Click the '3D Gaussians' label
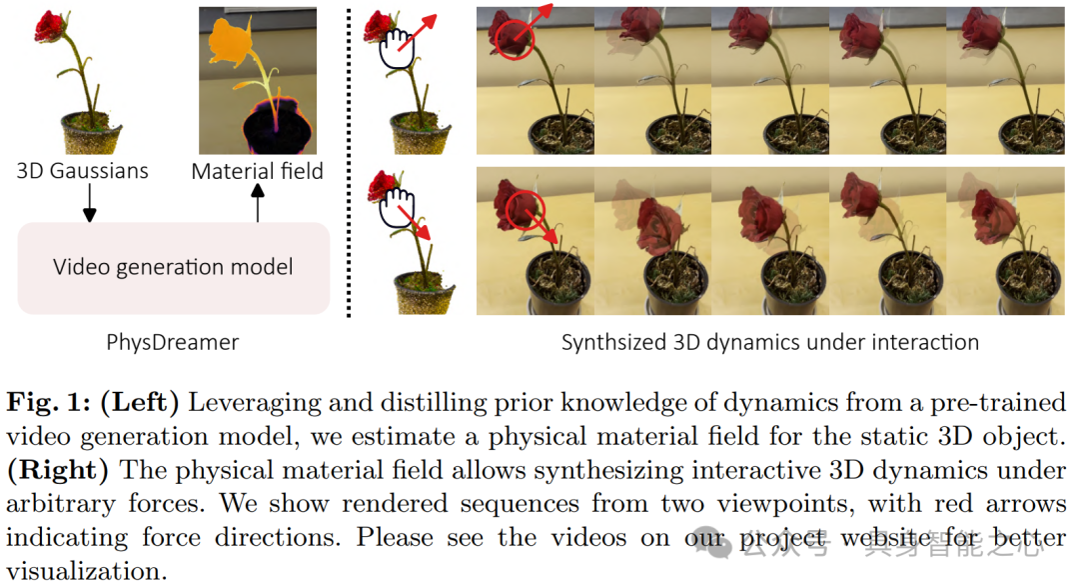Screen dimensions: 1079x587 point(82,171)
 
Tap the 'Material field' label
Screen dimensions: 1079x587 point(258,171)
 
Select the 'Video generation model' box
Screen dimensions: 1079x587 point(173,267)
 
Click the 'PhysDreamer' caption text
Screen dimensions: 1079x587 point(172,342)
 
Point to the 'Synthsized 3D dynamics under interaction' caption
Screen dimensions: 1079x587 point(769,342)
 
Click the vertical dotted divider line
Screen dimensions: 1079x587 point(349,160)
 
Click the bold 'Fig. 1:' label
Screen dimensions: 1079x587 point(51,402)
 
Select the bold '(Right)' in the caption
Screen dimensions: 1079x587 point(50,470)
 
